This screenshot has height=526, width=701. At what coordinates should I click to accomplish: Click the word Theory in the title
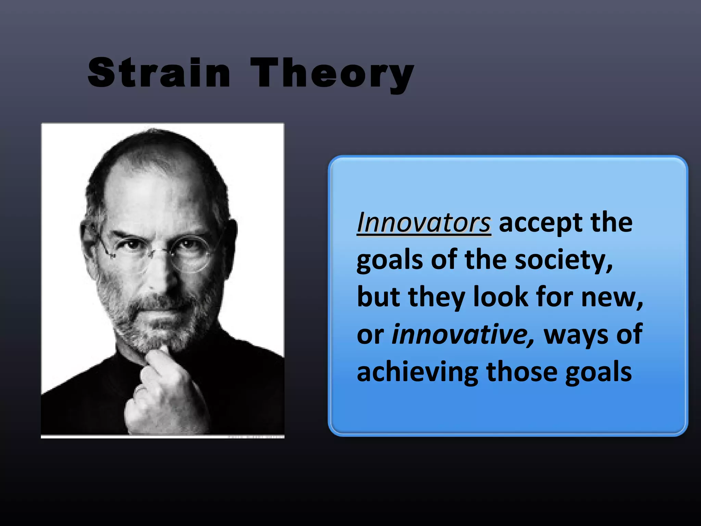(332, 74)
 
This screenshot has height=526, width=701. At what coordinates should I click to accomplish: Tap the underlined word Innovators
(424, 223)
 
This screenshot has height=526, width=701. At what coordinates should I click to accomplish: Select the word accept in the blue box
(540, 223)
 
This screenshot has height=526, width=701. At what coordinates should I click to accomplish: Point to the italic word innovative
(462, 334)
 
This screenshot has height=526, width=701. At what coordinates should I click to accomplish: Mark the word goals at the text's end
(598, 373)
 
